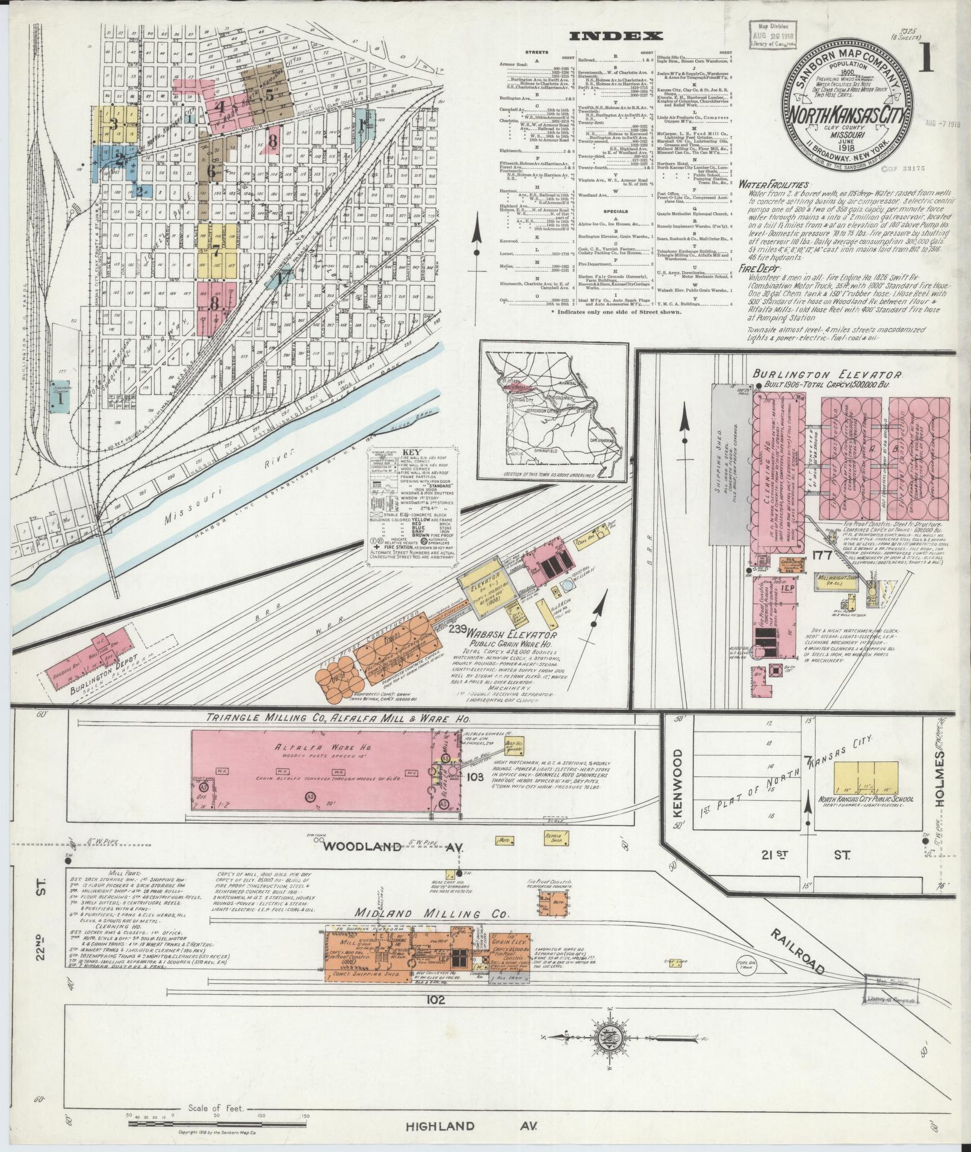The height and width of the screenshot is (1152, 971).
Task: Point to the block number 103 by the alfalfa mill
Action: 474,777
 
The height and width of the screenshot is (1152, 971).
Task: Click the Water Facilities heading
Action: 773,185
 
